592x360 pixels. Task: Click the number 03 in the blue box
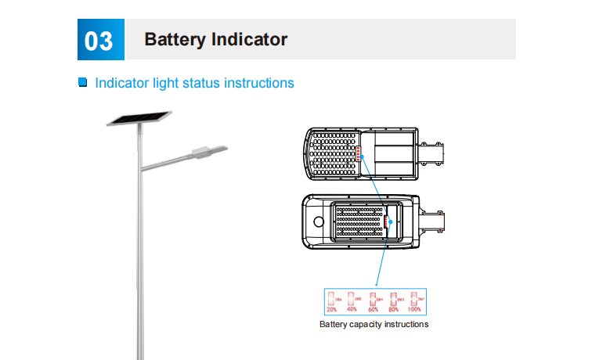99,40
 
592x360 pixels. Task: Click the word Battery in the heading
173,39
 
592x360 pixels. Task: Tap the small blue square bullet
83,82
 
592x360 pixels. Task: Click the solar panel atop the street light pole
139,118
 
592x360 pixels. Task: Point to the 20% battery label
331,310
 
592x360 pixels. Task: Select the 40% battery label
352,310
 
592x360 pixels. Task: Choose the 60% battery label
374,310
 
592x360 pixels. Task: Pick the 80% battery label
394,310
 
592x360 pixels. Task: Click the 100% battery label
415,310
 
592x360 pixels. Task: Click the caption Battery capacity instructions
374,325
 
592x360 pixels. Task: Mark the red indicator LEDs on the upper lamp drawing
359,153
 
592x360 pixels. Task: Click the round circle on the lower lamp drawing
319,221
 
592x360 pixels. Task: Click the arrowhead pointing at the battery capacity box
377,283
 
